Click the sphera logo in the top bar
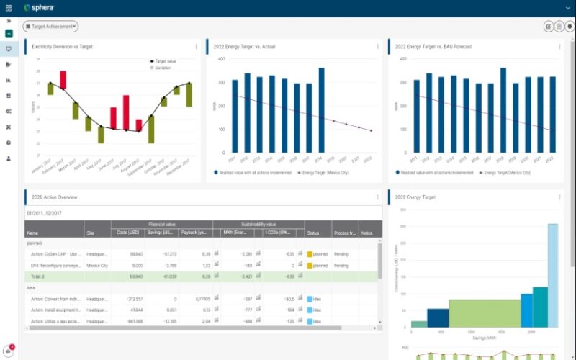click(x=40, y=8)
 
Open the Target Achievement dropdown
click(x=51, y=27)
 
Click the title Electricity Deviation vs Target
click(x=62, y=47)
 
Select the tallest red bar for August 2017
click(x=127, y=112)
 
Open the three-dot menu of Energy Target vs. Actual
click(x=377, y=47)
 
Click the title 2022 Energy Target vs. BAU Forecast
click(x=433, y=47)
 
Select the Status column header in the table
click(x=313, y=233)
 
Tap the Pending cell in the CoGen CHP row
click(x=341, y=254)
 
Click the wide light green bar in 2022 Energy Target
click(x=484, y=313)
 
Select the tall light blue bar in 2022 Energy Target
click(x=553, y=276)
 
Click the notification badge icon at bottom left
click(x=8, y=351)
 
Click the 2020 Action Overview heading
click(x=55, y=197)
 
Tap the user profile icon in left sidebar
click(x=9, y=158)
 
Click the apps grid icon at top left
click(x=9, y=8)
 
